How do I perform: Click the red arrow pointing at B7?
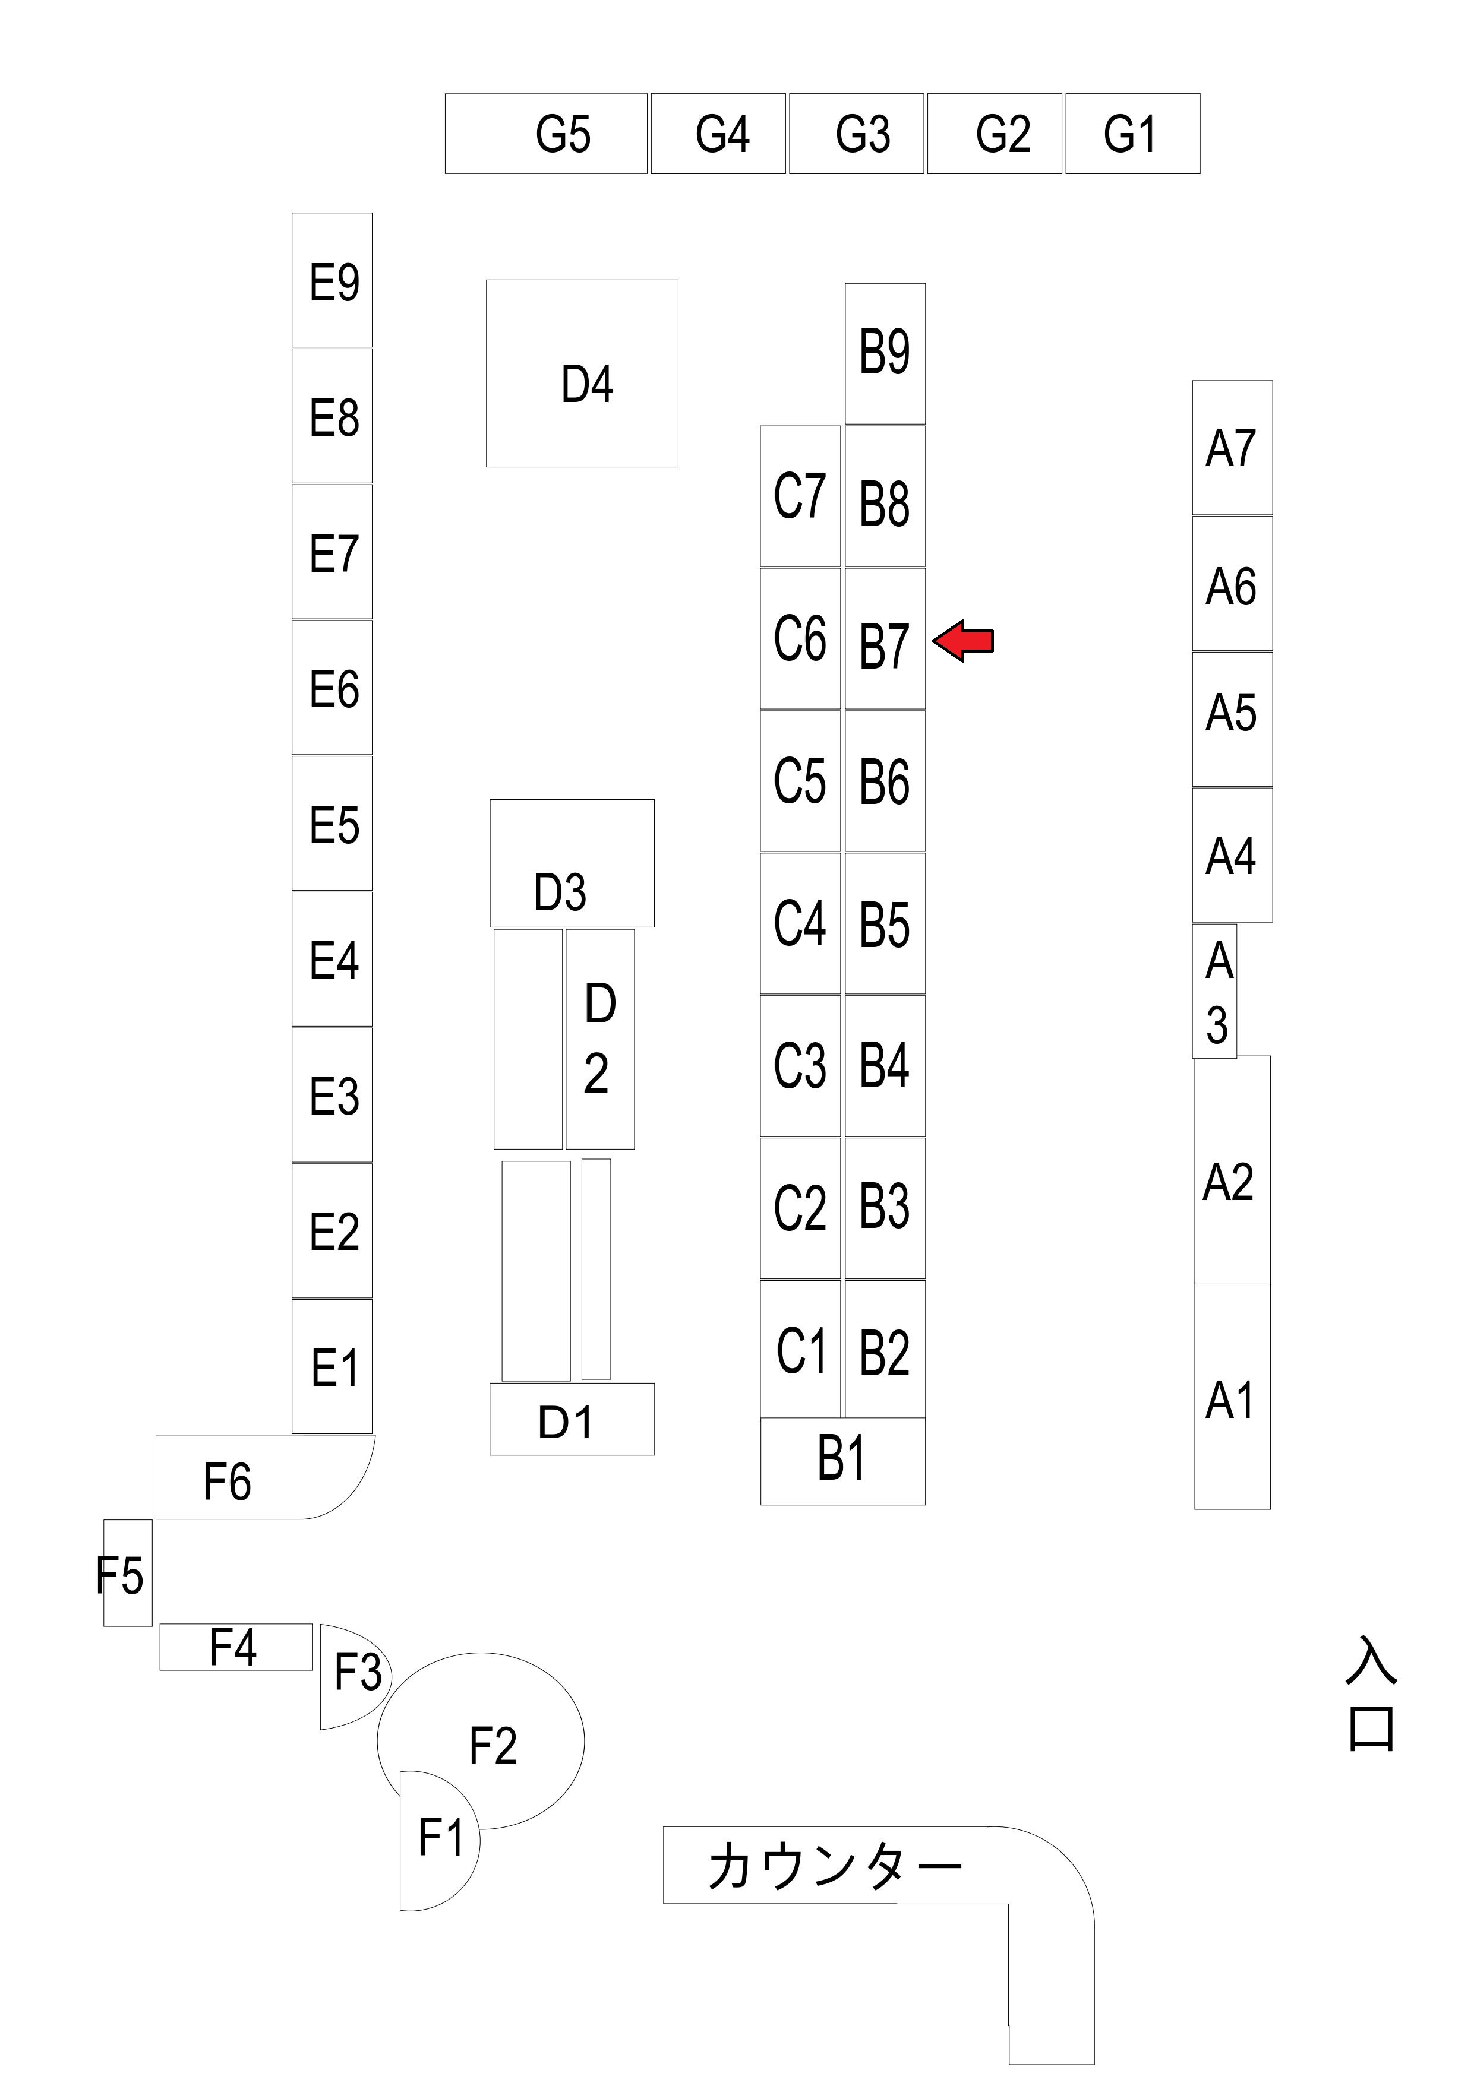tap(963, 641)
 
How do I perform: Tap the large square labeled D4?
tap(582, 373)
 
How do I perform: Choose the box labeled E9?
tap(332, 280)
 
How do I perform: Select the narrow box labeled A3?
tap(1214, 990)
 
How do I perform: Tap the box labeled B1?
tap(842, 1461)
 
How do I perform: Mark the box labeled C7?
tap(800, 496)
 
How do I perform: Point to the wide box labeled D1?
tap(572, 1420)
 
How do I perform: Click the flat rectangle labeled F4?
tap(235, 1647)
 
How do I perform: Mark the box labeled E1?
tap(332, 1366)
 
